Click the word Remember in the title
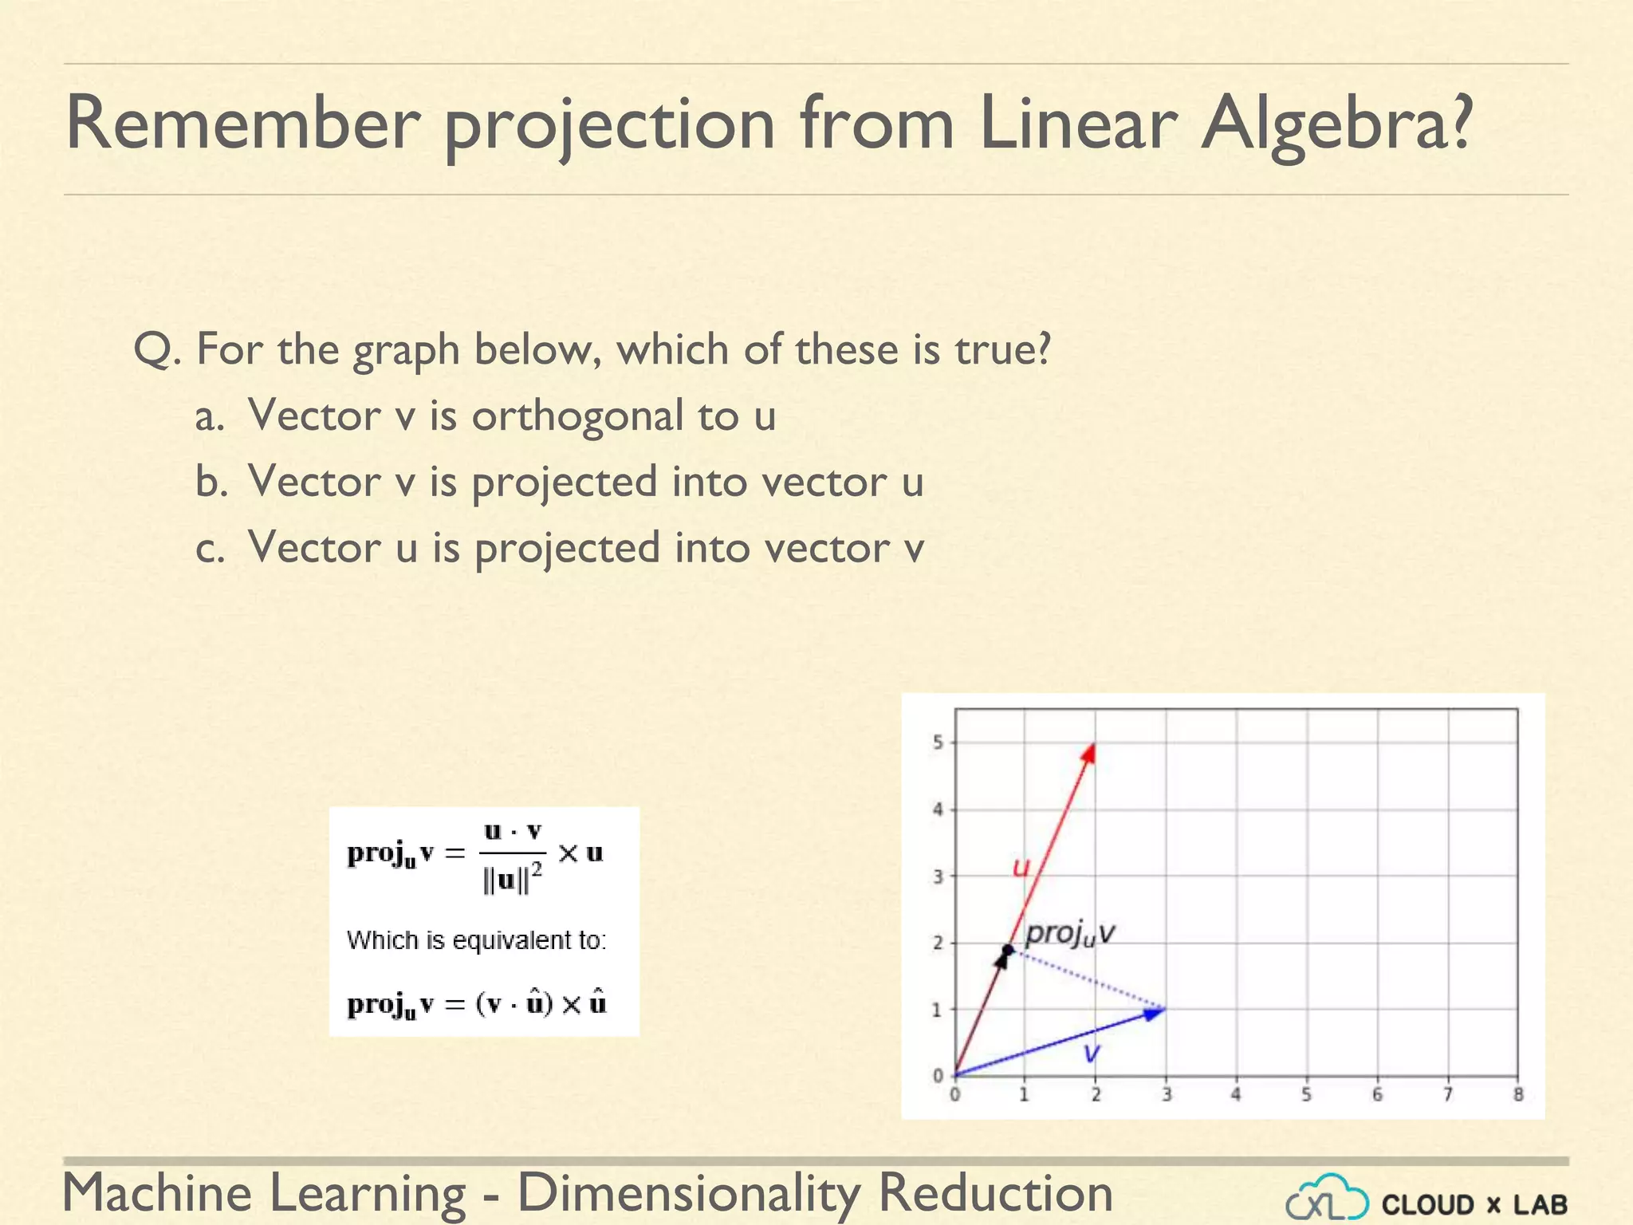click(x=242, y=124)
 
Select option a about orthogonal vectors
click(x=510, y=416)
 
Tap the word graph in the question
click(x=406, y=351)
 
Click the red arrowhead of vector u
click(x=1089, y=753)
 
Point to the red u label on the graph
click(x=1021, y=867)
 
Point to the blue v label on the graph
click(x=1092, y=1053)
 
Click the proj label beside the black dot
click(x=1069, y=933)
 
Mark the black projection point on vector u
click(x=1008, y=950)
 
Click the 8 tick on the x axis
click(x=1518, y=1095)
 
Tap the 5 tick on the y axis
click(x=938, y=742)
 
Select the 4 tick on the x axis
click(x=1236, y=1095)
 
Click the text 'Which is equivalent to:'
click(x=476, y=940)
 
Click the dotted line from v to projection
click(x=1088, y=980)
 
